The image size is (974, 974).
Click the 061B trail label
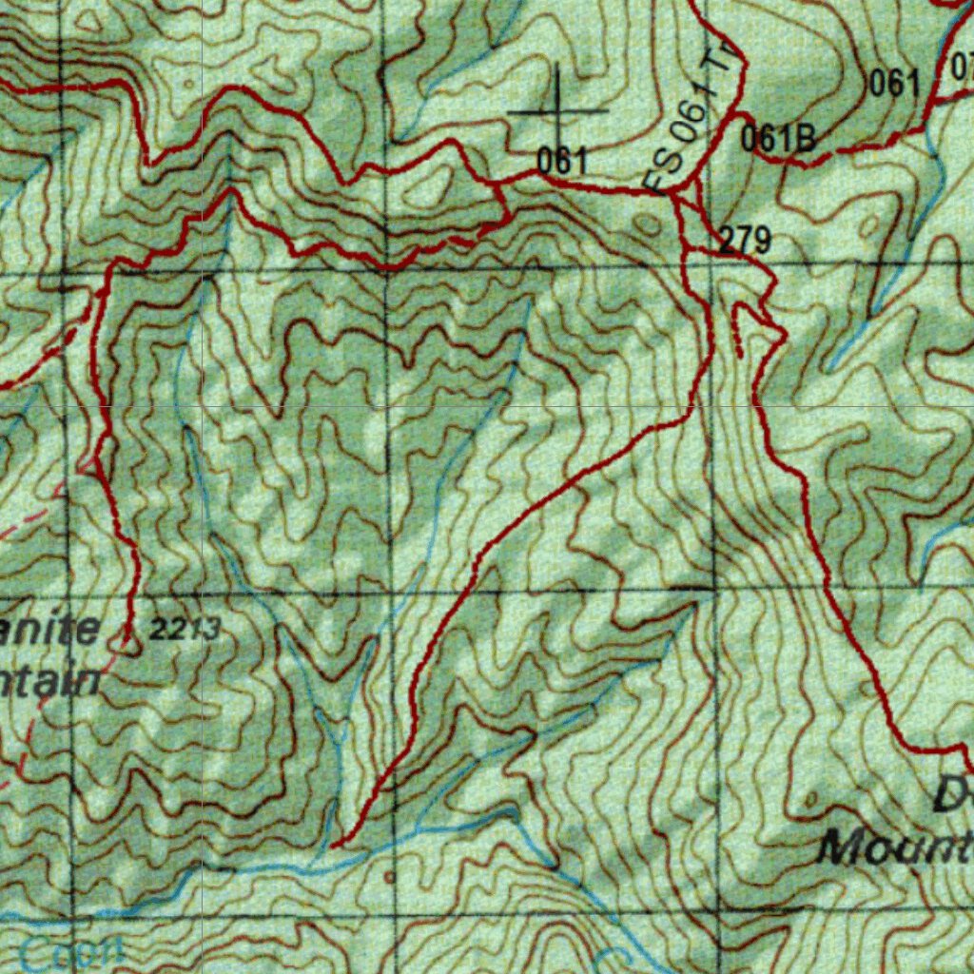[x=778, y=139]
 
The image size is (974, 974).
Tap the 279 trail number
[x=744, y=241]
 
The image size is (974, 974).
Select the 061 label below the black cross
[x=561, y=162]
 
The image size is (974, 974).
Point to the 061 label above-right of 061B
[x=895, y=84]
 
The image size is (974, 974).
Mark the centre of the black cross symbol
[x=557, y=110]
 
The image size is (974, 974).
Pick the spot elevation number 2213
[x=185, y=628]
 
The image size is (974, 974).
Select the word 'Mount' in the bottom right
[x=894, y=846]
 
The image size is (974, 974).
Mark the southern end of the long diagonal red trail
[x=335, y=845]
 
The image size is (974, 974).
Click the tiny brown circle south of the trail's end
[x=389, y=875]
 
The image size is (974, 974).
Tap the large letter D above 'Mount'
[x=951, y=794]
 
